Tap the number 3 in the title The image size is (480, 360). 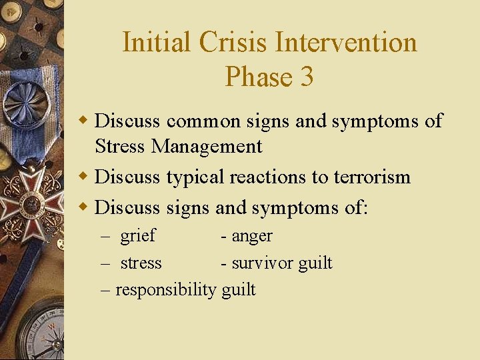click(x=307, y=77)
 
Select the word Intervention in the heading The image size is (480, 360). click(x=346, y=43)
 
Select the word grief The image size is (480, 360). click(x=137, y=235)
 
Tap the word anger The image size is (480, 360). click(x=252, y=236)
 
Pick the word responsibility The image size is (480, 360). click(x=166, y=290)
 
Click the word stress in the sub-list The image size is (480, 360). click(x=141, y=263)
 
